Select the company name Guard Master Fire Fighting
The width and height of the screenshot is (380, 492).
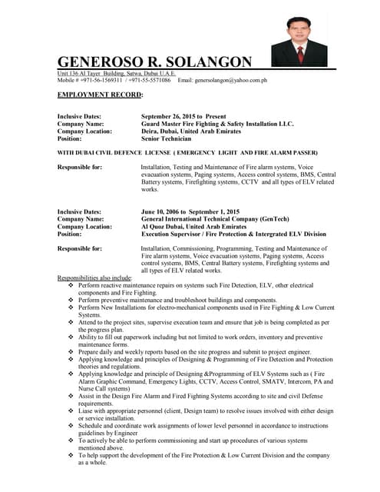coord(217,123)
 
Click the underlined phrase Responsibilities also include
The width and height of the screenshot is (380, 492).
coord(94,278)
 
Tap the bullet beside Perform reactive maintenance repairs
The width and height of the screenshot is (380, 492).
coord(71,285)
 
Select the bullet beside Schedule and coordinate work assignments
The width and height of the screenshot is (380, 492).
coord(71,425)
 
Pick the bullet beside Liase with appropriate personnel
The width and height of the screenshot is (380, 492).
coord(71,411)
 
